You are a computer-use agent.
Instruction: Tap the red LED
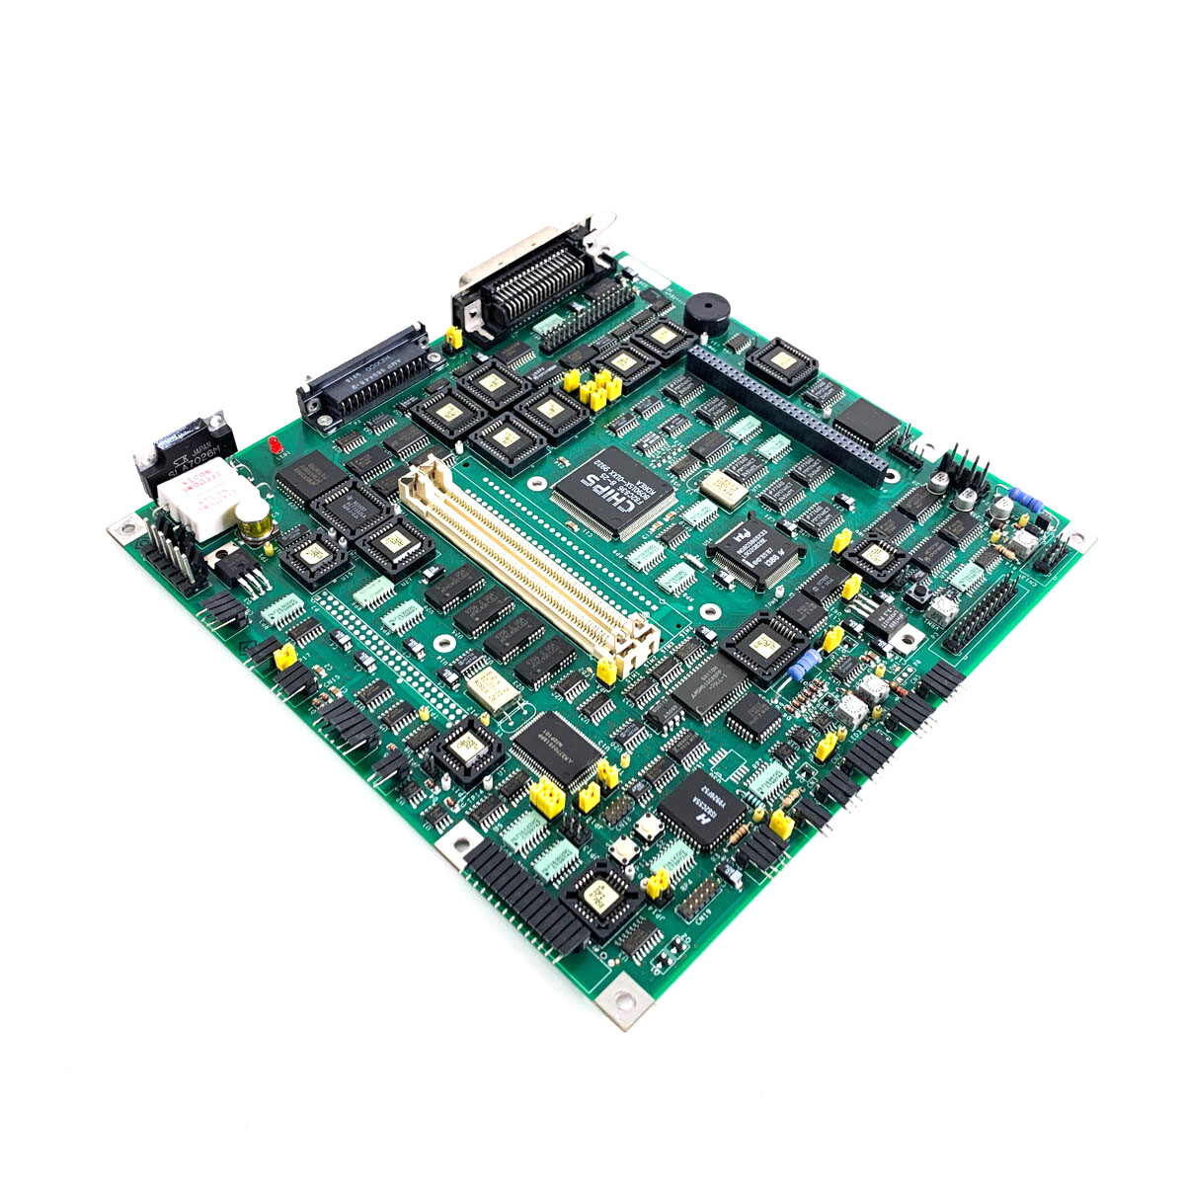point(275,446)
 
